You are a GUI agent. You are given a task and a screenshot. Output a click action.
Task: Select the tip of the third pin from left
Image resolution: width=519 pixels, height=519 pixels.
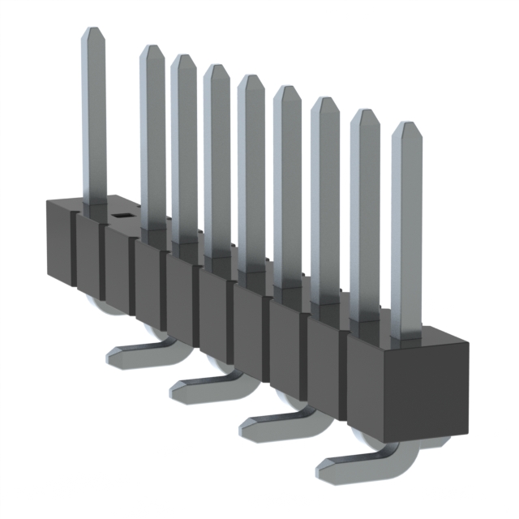pyautogui.click(x=183, y=59)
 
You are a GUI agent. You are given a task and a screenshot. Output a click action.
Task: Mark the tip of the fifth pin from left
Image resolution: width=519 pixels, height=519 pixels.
pyautogui.click(x=251, y=80)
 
